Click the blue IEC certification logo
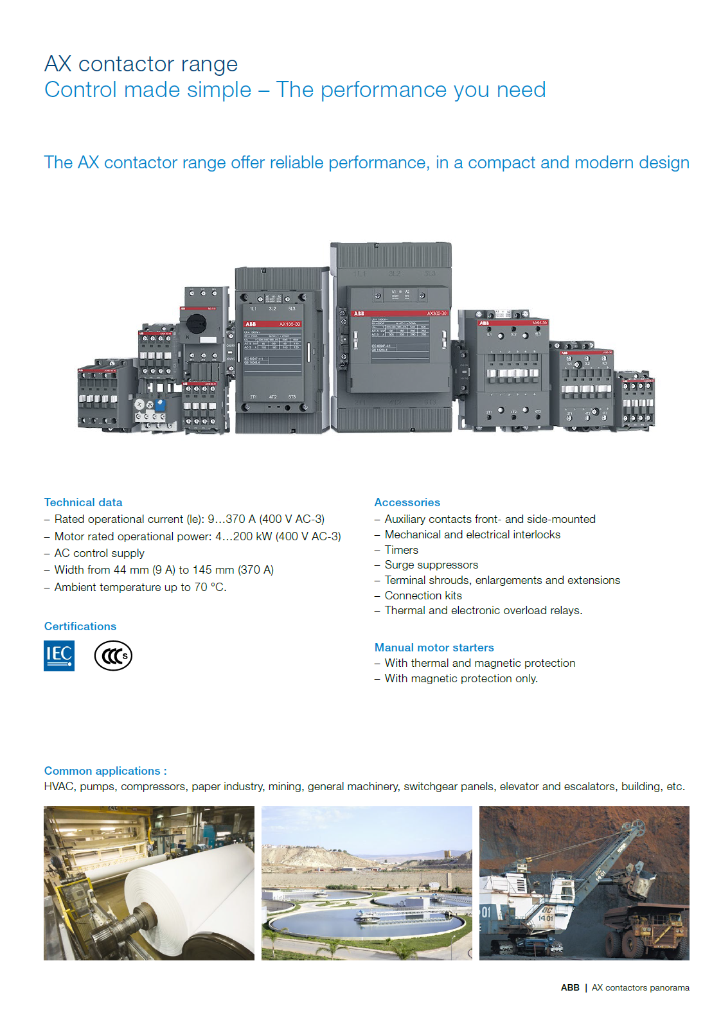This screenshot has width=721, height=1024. [59, 656]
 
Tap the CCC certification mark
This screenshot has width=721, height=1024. [113, 656]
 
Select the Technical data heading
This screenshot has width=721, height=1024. [83, 502]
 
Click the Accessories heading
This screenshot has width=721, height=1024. [407, 502]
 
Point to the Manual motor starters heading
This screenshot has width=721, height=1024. [434, 648]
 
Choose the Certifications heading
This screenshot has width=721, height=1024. [80, 626]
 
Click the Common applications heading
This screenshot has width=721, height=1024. [105, 771]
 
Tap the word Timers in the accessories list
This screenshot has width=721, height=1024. [401, 550]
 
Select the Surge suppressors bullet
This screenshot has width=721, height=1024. [431, 565]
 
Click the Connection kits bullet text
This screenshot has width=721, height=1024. [423, 596]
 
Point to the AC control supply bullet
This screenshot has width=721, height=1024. [99, 553]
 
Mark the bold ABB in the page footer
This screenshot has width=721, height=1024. [570, 988]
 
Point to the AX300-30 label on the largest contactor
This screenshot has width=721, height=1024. [437, 313]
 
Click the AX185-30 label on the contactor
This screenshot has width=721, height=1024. [290, 324]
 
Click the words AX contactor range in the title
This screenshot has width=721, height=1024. [141, 64]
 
